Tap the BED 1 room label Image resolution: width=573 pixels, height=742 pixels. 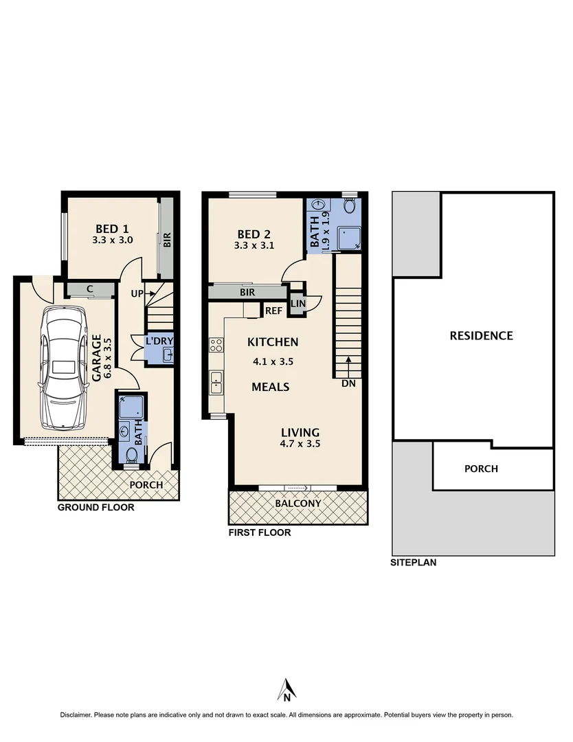pyautogui.click(x=112, y=229)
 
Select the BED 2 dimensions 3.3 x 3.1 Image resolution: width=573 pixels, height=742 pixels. pyautogui.click(x=254, y=244)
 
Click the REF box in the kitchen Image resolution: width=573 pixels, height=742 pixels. pyautogui.click(x=273, y=311)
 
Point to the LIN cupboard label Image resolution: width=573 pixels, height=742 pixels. pyautogui.click(x=298, y=304)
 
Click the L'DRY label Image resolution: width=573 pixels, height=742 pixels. pyautogui.click(x=159, y=341)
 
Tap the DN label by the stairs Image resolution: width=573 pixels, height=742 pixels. pyautogui.click(x=348, y=383)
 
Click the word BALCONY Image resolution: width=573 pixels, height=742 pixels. pyautogui.click(x=297, y=504)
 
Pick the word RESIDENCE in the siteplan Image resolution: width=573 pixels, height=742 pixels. pyautogui.click(x=481, y=336)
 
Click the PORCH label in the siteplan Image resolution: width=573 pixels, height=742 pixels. pyautogui.click(x=481, y=469)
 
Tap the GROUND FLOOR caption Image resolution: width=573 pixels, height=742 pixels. pyautogui.click(x=95, y=508)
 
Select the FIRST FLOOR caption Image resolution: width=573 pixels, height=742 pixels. pyautogui.click(x=259, y=532)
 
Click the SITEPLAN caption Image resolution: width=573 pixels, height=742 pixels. pyautogui.click(x=413, y=562)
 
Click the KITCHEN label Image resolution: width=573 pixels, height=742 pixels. pyautogui.click(x=273, y=342)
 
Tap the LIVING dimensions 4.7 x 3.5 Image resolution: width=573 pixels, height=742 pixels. pyautogui.click(x=300, y=444)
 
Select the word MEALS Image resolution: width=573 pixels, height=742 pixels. pyautogui.click(x=270, y=387)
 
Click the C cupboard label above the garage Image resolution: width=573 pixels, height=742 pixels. pyautogui.click(x=90, y=289)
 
